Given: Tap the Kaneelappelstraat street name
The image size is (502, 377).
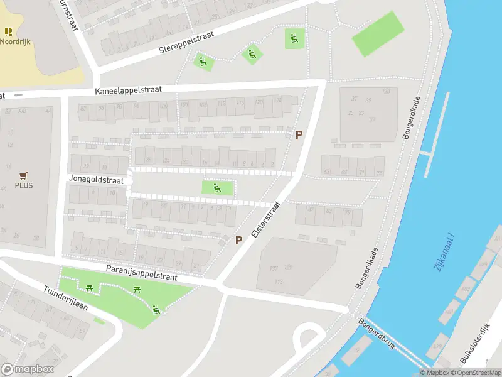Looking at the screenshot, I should pyautogui.click(x=128, y=90).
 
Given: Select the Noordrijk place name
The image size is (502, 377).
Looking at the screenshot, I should pyautogui.click(x=15, y=41).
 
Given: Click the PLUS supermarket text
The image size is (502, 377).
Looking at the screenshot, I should pyautogui.click(x=24, y=185).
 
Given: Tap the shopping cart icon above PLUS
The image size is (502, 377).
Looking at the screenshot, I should pyautogui.click(x=24, y=175).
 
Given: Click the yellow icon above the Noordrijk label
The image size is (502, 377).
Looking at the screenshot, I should pyautogui.click(x=8, y=31).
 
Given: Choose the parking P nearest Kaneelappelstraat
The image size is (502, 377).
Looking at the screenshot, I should pyautogui.click(x=299, y=134).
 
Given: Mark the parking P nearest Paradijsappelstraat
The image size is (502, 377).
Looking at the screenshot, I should pyautogui.click(x=238, y=240).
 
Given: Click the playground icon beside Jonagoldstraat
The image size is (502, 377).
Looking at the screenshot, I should pyautogui.click(x=217, y=187).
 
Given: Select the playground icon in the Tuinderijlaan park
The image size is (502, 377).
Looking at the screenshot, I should pyautogui.click(x=156, y=309).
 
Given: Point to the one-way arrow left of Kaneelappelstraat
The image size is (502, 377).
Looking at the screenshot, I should pyautogui.click(x=18, y=95).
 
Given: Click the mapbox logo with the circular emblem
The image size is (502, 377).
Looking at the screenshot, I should pyautogui.click(x=28, y=369).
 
